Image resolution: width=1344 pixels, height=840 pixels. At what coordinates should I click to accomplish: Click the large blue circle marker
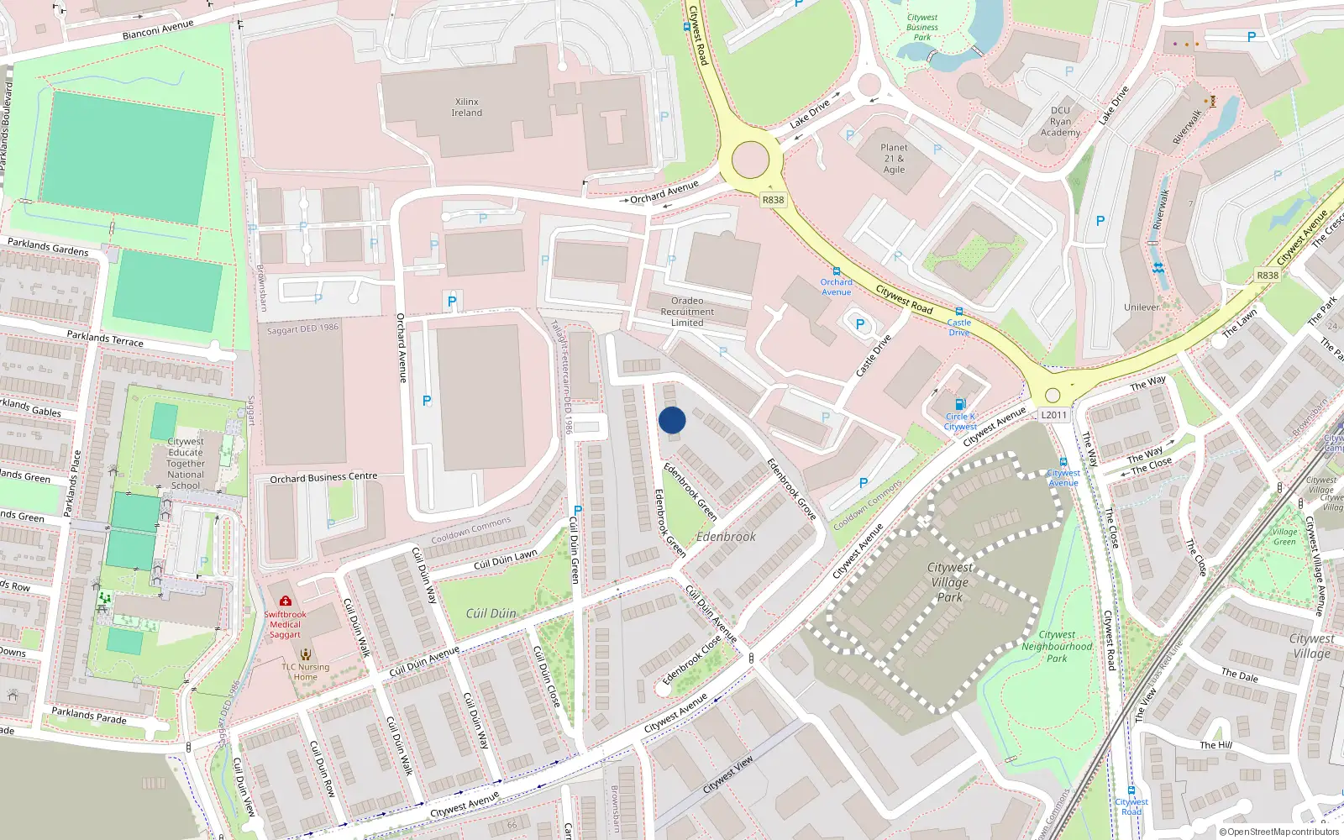[x=672, y=420]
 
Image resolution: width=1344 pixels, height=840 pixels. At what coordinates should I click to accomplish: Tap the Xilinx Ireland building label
[x=467, y=108]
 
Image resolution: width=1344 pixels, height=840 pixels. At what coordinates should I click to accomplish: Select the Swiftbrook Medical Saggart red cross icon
[x=286, y=601]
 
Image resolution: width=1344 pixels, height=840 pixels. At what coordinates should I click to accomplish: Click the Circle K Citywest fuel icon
[x=960, y=404]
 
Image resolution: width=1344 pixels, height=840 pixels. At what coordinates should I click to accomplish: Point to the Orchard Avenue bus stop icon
[x=836, y=271]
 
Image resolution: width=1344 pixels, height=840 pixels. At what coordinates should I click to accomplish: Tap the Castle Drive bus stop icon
[x=958, y=312]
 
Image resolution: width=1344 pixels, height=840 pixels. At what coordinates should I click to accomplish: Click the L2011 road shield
[x=1053, y=415]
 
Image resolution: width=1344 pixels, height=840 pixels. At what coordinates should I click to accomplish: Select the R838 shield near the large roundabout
[x=773, y=200]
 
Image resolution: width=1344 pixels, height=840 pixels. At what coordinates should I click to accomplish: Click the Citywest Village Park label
[x=950, y=582]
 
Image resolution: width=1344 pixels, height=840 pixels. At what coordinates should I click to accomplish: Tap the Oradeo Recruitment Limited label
[x=687, y=312]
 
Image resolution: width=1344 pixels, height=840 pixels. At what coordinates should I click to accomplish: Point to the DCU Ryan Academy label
[x=1060, y=122]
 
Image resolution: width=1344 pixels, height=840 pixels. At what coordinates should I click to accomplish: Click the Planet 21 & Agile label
[x=894, y=158]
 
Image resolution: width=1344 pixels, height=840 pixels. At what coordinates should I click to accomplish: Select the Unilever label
[x=1142, y=307]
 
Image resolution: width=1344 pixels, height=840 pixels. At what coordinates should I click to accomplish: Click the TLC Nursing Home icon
[x=306, y=654]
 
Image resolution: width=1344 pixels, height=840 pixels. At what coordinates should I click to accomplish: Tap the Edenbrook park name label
[x=726, y=537]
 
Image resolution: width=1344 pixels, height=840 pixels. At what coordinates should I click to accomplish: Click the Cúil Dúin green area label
[x=491, y=613]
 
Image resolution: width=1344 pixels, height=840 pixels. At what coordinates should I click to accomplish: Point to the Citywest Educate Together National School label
[x=186, y=463]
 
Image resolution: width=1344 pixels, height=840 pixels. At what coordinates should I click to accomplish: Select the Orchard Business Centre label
[x=323, y=478]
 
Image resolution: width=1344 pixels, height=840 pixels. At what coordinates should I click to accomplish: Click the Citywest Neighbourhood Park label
[x=1057, y=647]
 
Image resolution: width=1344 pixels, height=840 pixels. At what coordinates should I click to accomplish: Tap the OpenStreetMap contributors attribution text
[x=1279, y=832]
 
